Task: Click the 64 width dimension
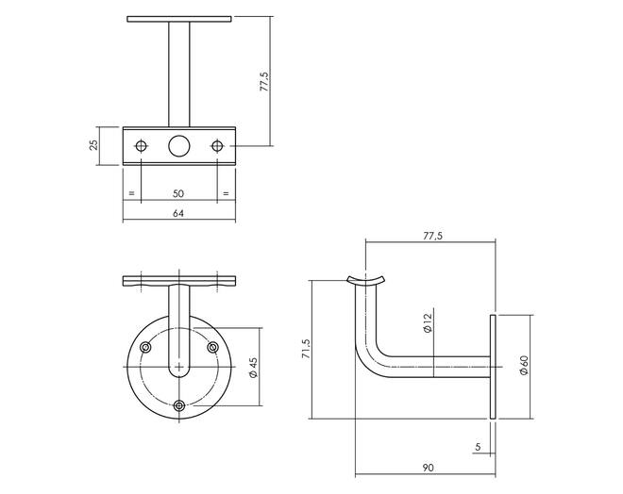pyautogui.click(x=178, y=213)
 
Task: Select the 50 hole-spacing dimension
pyautogui.click(x=178, y=193)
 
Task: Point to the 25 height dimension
pyautogui.click(x=93, y=145)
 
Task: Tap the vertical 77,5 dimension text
pyautogui.click(x=264, y=82)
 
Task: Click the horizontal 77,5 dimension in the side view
pyautogui.click(x=432, y=236)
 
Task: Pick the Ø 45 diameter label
pyautogui.click(x=253, y=368)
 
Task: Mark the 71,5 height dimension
pyautogui.click(x=307, y=349)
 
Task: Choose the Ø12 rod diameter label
pyautogui.click(x=427, y=323)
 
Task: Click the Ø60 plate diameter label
pyautogui.click(x=524, y=366)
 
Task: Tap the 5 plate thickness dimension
pyautogui.click(x=478, y=447)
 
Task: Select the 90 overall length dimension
pyautogui.click(x=428, y=468)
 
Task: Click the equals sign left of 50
pyautogui.click(x=132, y=193)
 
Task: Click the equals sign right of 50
pyautogui.click(x=226, y=193)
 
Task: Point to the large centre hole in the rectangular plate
pyautogui.click(x=178, y=146)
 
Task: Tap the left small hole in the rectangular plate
pyautogui.click(x=141, y=146)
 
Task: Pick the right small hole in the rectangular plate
pyautogui.click(x=217, y=146)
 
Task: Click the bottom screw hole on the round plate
pyautogui.click(x=179, y=405)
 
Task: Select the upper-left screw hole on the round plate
pyautogui.click(x=145, y=348)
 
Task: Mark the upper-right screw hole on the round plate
pyautogui.click(x=213, y=348)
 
